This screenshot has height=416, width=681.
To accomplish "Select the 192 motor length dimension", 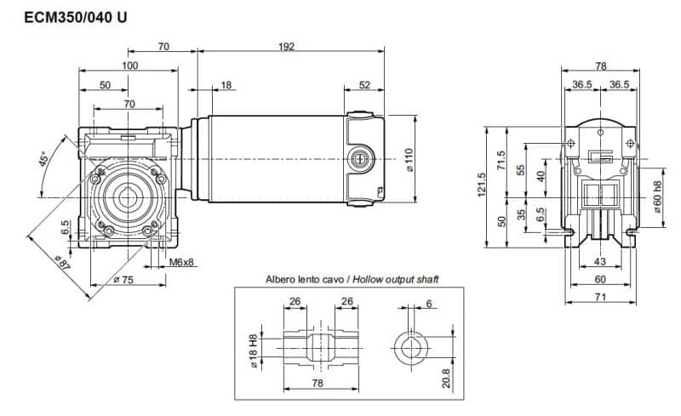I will coord(287,47).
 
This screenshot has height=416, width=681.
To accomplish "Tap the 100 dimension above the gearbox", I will coord(129,66).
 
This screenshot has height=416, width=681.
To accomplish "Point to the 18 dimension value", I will coord(226,85).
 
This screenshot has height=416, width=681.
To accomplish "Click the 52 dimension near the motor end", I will coord(364,85).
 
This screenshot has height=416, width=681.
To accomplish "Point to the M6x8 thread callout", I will coord(181,262).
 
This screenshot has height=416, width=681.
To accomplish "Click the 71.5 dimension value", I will coord(501,160).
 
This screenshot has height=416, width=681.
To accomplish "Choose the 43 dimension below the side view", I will coord(599,261).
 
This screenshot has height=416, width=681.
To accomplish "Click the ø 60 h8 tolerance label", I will coord(656,197).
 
